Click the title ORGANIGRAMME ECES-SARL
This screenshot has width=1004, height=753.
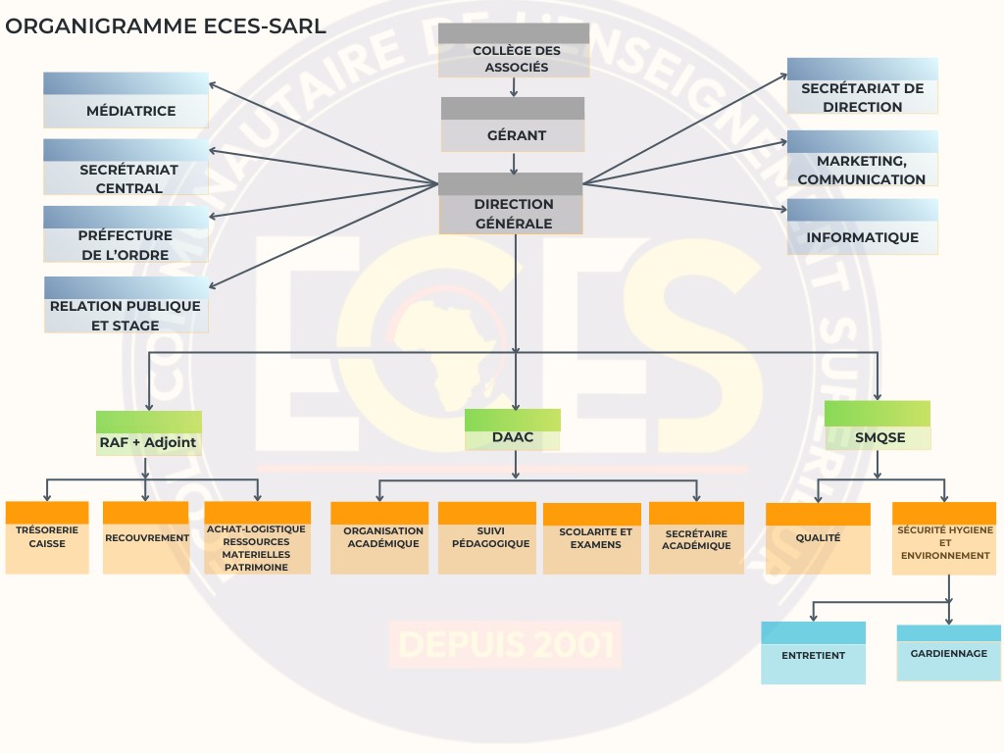pos(166,25)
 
